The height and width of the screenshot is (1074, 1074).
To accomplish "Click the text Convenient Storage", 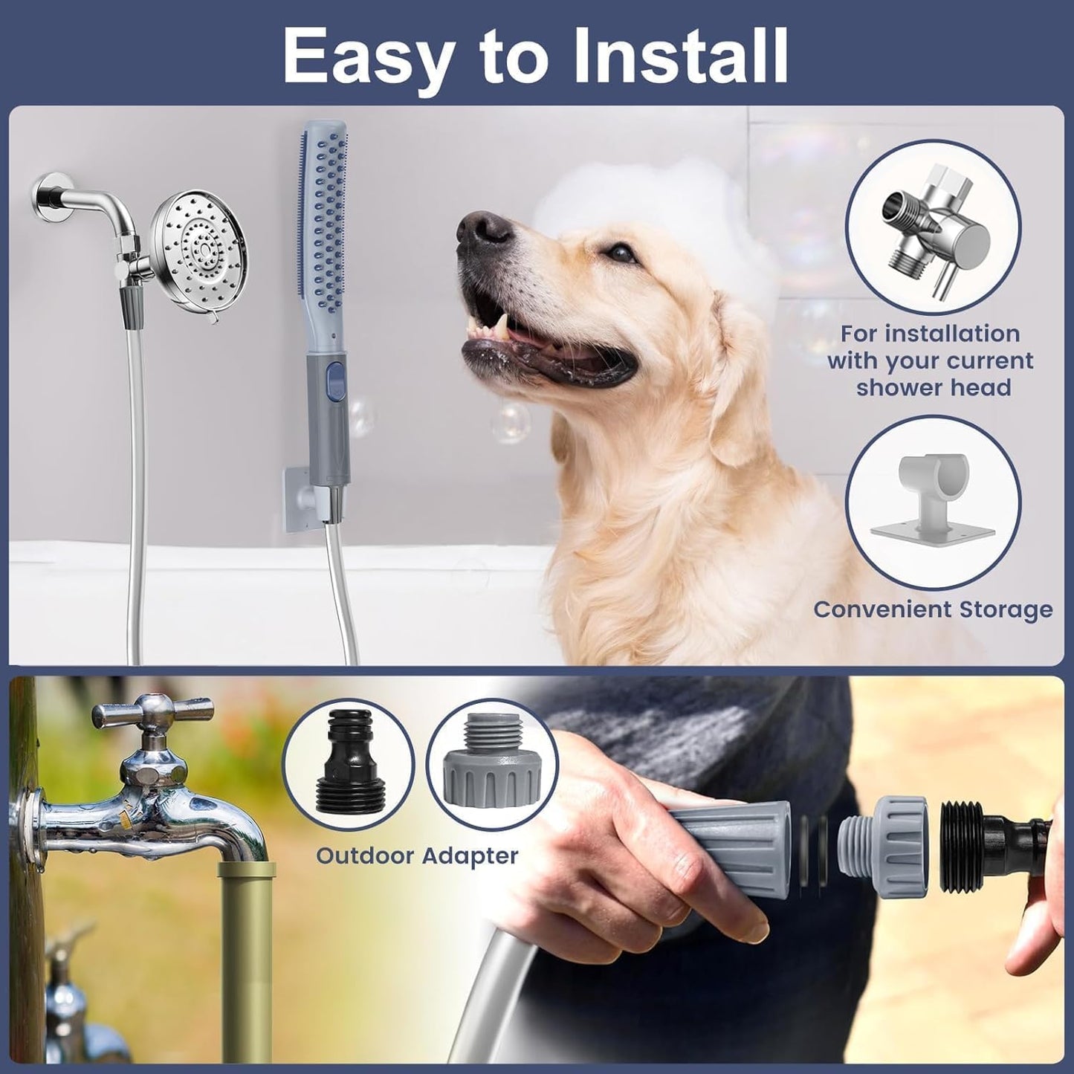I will point(933,609).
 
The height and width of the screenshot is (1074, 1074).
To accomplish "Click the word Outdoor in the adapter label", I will point(364,855).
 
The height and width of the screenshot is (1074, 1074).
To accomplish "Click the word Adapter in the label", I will point(470,855).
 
